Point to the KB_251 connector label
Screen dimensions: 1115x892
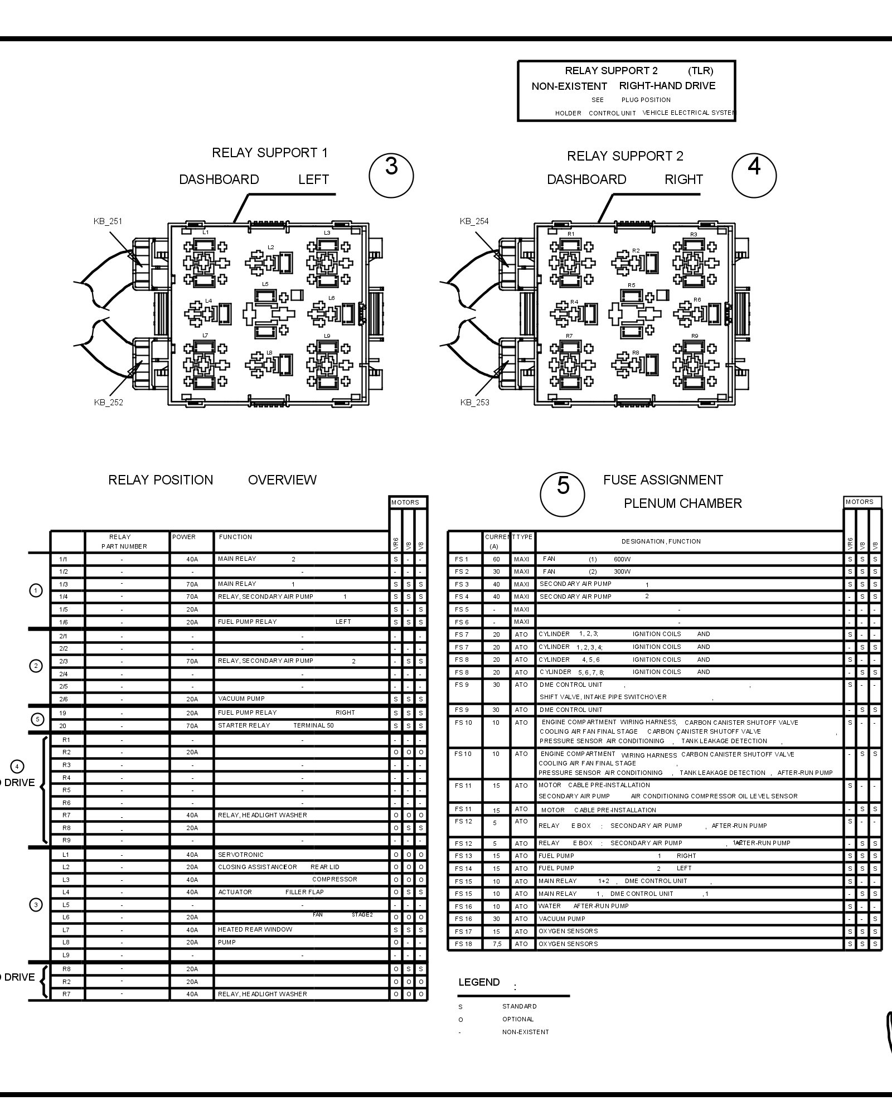point(108,221)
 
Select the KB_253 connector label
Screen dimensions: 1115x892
point(474,403)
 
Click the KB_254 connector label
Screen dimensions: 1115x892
point(474,221)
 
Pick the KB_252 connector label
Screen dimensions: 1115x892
point(108,403)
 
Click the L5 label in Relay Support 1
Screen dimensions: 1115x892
point(265,284)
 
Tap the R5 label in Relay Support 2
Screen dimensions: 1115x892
point(631,285)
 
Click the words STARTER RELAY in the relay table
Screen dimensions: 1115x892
point(244,725)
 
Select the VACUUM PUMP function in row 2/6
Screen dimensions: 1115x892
point(241,699)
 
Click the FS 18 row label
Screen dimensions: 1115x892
point(463,944)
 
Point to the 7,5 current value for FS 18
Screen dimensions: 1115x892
point(496,944)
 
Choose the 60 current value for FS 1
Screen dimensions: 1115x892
point(496,559)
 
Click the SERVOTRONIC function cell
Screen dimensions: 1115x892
point(241,855)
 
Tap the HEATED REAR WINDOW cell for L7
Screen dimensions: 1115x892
point(255,929)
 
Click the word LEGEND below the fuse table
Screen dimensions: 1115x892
point(479,982)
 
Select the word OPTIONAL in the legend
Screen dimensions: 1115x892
point(517,1019)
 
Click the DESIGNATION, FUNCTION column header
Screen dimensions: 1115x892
point(661,541)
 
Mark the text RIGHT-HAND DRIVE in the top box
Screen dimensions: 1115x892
point(667,86)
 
